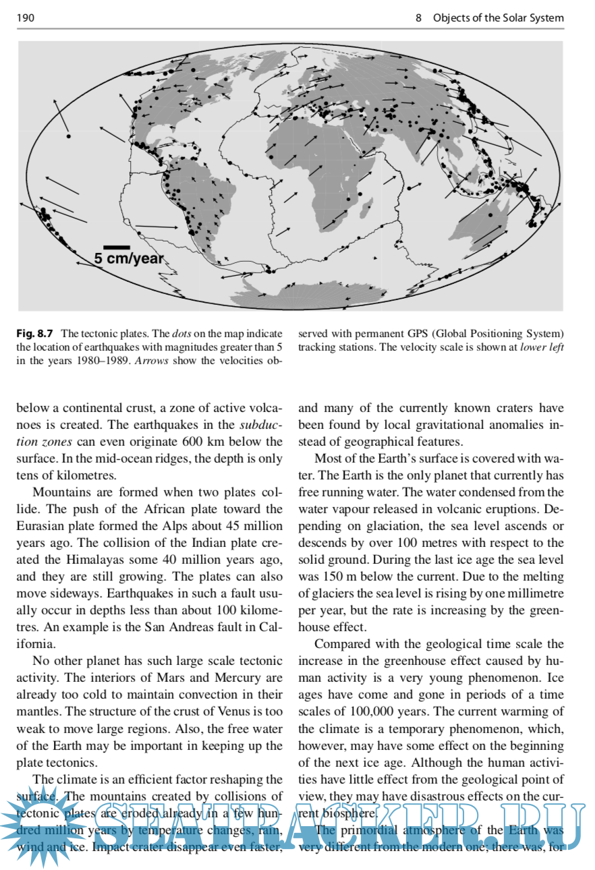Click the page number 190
pos(25,18)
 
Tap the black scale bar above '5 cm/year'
pos(116,248)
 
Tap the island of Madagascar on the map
pos(366,206)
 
